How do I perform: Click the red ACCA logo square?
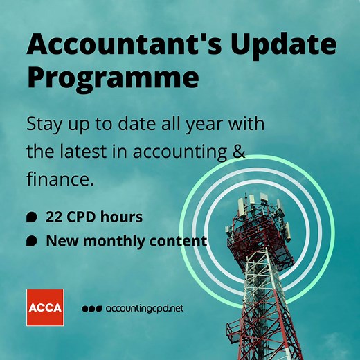(45, 307)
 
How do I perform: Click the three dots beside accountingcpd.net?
(92, 309)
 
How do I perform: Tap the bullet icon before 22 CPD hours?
(31, 217)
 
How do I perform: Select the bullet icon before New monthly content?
(31, 242)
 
